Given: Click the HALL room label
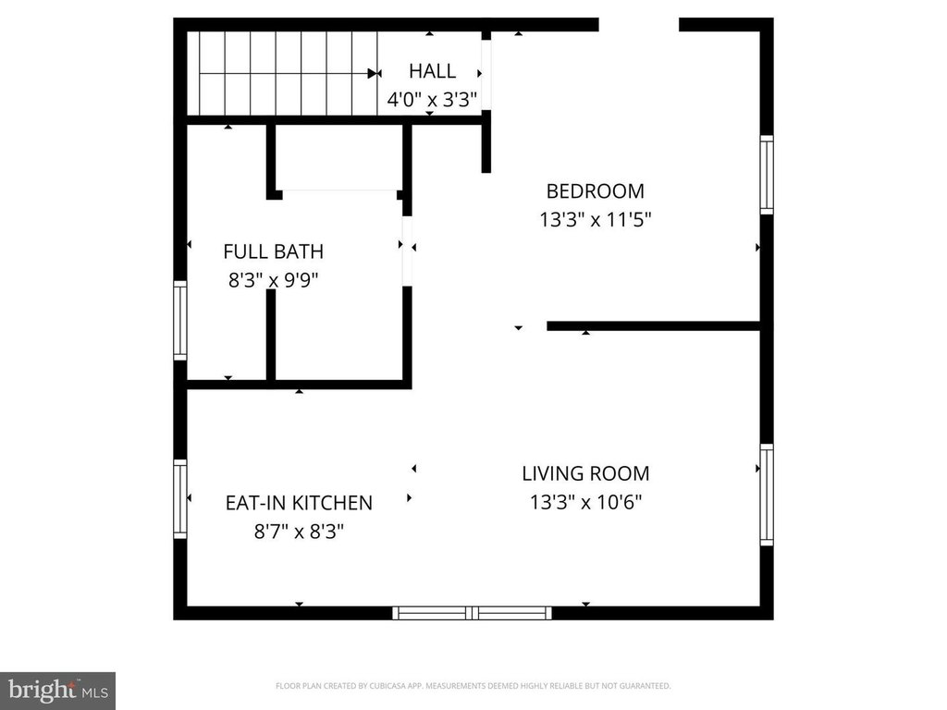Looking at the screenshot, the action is pyautogui.click(x=433, y=71).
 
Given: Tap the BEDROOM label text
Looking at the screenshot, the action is pyautogui.click(x=595, y=191).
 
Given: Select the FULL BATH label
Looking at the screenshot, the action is pyautogui.click(x=274, y=251).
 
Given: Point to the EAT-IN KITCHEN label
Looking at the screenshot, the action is pyautogui.click(x=299, y=503).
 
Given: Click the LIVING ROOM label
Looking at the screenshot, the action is pyautogui.click(x=585, y=474).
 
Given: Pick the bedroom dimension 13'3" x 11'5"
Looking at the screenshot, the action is pyautogui.click(x=596, y=220).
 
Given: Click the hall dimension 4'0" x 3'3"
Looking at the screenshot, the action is pyautogui.click(x=433, y=100).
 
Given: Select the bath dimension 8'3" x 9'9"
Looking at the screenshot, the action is pyautogui.click(x=274, y=280).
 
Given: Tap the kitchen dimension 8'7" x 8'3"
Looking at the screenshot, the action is pyautogui.click(x=299, y=532).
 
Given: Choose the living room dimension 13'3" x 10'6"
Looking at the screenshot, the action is pyautogui.click(x=585, y=502).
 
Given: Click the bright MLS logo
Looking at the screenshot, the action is pyautogui.click(x=58, y=691).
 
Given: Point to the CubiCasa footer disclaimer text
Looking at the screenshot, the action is pyautogui.click(x=473, y=686).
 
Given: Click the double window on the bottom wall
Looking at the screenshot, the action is pyautogui.click(x=473, y=614).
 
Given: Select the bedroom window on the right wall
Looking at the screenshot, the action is pyautogui.click(x=767, y=175).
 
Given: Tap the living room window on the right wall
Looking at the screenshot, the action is pyautogui.click(x=767, y=496).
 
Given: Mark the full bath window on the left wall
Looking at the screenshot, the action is pyautogui.click(x=180, y=321).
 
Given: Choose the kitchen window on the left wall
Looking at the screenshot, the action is pyautogui.click(x=180, y=499).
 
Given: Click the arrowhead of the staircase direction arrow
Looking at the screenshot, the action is pyautogui.click(x=373, y=74).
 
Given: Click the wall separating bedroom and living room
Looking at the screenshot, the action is pyautogui.click(x=653, y=326).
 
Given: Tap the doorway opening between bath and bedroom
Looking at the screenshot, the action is pyautogui.click(x=407, y=251).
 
